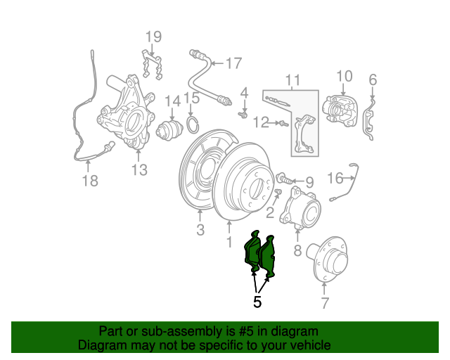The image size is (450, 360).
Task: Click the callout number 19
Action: coord(153,37)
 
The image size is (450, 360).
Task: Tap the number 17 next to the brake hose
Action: coord(234,63)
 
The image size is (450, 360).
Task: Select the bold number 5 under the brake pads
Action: coord(257,302)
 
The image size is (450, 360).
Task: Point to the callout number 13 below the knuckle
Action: coord(139,169)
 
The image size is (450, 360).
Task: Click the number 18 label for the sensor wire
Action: coord(90,181)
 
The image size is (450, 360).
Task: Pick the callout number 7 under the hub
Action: coord(325,302)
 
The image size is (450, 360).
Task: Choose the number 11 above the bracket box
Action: coord(293,80)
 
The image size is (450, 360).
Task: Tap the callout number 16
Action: coord(335,178)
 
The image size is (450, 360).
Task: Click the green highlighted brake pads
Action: coord(260,255)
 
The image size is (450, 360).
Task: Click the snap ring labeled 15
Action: coord(193,124)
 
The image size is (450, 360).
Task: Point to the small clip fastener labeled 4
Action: coord(243,115)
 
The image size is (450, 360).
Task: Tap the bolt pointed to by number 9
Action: coord(284,179)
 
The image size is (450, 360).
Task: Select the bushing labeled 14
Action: coord(169,131)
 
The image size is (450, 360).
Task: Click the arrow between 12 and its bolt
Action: coord(274,123)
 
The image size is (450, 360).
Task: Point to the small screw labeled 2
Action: coord(278,191)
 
